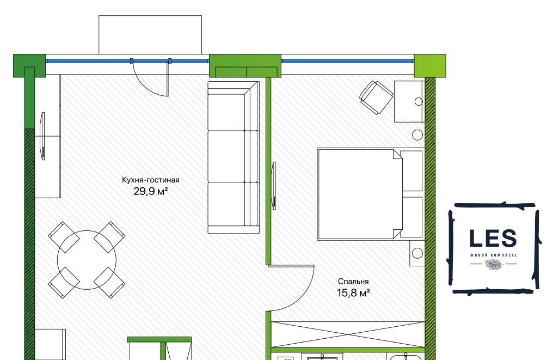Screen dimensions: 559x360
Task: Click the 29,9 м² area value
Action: (x=150, y=192)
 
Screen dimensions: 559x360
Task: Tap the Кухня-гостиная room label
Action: (x=150, y=180)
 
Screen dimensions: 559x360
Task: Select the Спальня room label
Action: (x=353, y=282)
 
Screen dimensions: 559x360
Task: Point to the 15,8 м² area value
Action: (x=353, y=293)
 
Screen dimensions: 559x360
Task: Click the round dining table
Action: (x=87, y=260)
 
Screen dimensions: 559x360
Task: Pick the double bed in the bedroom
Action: (x=371, y=194)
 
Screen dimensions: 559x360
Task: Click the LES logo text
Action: (x=493, y=238)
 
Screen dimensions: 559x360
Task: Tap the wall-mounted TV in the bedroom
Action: (x=274, y=186)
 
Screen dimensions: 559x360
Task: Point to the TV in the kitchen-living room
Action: (x=42, y=136)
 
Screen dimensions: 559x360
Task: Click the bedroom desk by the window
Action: (x=409, y=101)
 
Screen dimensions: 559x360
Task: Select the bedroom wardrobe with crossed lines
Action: (x=348, y=334)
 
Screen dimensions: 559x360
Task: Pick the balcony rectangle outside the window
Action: (x=150, y=35)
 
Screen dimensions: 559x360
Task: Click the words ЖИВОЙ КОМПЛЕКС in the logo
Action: (x=493, y=255)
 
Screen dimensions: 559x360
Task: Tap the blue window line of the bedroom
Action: (x=348, y=61)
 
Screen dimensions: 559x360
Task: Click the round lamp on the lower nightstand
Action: (x=417, y=253)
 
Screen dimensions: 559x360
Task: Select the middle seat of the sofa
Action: (x=234, y=156)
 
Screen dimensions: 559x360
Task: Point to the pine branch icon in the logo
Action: (x=494, y=264)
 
